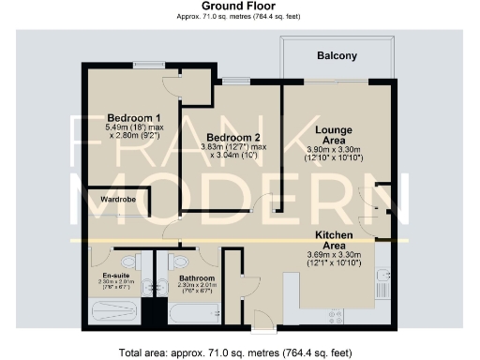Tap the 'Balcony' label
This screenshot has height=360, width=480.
[x=337, y=55]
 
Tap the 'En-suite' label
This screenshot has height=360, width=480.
[x=115, y=276]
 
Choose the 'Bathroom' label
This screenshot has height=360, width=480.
[x=197, y=278]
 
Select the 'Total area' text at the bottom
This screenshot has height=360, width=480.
[x=235, y=352]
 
